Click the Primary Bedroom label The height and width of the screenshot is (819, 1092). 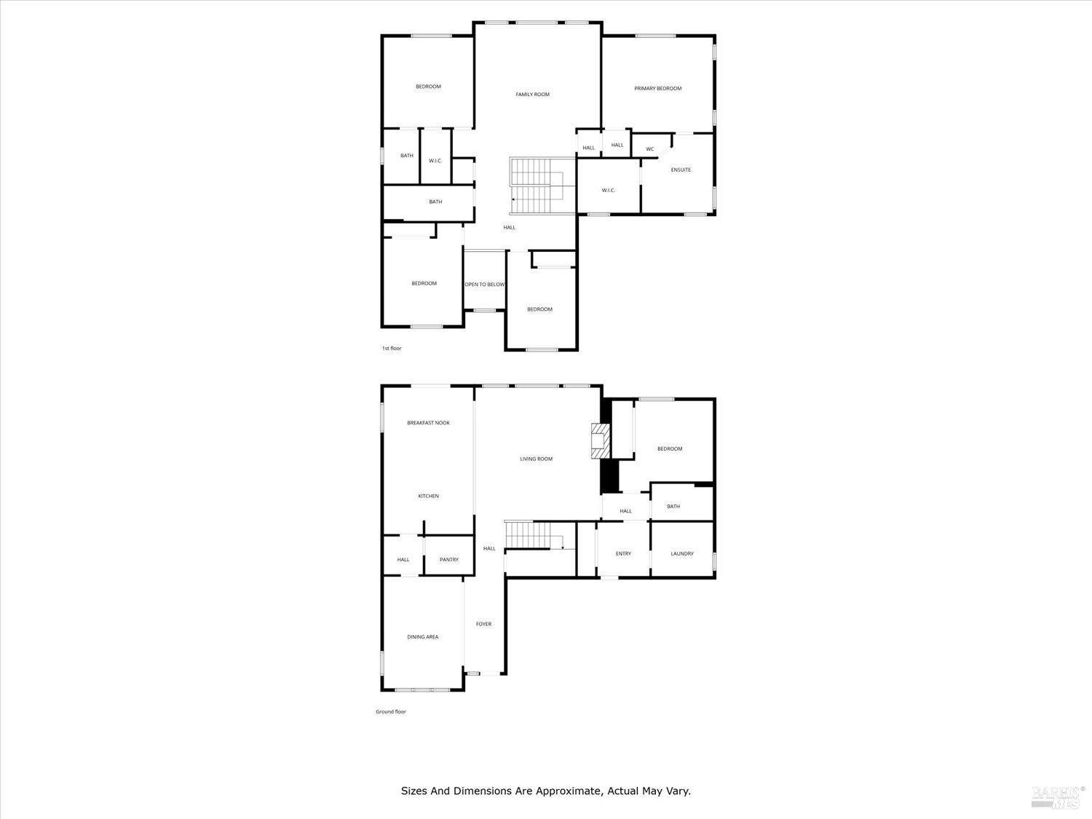point(657,89)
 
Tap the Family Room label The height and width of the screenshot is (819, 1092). point(532,95)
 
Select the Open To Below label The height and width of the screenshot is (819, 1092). point(485,285)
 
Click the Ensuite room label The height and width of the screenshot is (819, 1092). point(681,170)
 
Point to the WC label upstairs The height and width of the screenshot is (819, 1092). point(649,150)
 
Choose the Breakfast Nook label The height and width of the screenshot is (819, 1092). point(428,423)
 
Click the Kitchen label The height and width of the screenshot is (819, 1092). point(428,496)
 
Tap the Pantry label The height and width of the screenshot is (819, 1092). point(449,560)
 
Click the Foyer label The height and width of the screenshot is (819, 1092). point(483,625)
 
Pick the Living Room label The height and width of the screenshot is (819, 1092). point(536,459)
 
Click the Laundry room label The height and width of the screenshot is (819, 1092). point(681,554)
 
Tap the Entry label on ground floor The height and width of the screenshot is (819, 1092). point(623,554)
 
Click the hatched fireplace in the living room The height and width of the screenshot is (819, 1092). point(599,441)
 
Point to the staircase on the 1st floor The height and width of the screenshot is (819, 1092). point(537,186)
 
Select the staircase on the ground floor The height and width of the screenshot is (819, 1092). point(534,535)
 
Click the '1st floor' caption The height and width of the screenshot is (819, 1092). point(392,349)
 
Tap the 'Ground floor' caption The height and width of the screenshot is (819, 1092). point(391,712)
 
